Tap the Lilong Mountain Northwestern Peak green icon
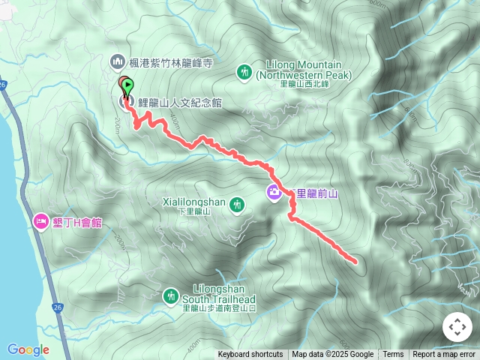point(244,72)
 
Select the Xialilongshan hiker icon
point(238,204)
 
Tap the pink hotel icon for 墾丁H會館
point(40,222)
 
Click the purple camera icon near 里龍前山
point(274,193)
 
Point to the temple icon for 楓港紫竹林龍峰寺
point(117,61)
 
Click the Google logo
point(28,349)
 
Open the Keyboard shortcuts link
point(250,355)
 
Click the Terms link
point(393,355)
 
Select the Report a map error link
point(444,355)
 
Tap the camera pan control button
point(457,327)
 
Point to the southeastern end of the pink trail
point(354,261)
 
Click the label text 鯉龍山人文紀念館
point(180,103)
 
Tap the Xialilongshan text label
point(193,201)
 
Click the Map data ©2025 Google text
point(332,355)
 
